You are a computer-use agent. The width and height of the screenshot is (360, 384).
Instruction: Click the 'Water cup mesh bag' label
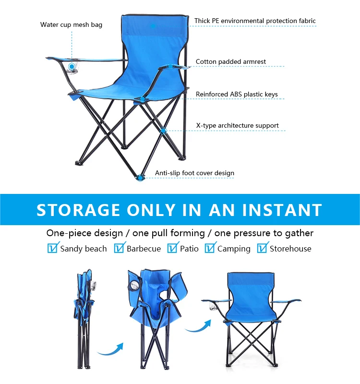[x=71, y=24]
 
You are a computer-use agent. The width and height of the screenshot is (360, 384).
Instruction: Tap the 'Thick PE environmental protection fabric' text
[x=255, y=21]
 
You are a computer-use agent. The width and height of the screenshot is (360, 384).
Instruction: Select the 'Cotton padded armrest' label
[x=231, y=62]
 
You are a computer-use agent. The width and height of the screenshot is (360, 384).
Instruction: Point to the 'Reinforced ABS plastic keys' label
[x=237, y=95]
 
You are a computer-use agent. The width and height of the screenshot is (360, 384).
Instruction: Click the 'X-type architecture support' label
[x=237, y=126]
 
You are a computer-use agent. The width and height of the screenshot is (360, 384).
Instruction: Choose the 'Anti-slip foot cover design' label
[x=194, y=173]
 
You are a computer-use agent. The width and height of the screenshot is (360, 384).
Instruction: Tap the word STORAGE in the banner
[x=78, y=210]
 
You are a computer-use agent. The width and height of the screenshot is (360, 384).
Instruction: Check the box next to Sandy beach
[x=53, y=248]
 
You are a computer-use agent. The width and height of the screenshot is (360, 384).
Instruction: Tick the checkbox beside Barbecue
[x=119, y=248]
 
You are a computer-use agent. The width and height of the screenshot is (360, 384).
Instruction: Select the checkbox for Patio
[x=172, y=248]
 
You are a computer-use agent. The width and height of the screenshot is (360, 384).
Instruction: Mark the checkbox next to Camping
[x=210, y=248]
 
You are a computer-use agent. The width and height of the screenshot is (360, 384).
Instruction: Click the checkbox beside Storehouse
[x=262, y=248]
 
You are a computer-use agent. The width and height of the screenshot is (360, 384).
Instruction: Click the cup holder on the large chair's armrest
[x=72, y=68]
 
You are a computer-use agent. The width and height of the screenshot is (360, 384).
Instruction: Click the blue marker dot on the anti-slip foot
[x=140, y=178]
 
